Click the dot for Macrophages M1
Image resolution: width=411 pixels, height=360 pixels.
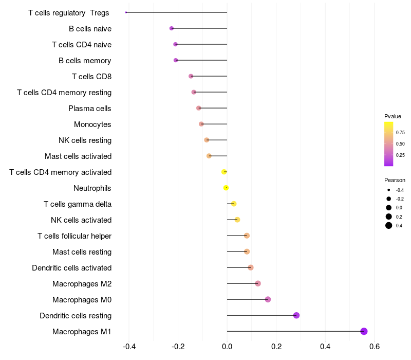[x=364, y=331]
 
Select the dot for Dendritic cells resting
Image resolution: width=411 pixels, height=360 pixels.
[x=296, y=315]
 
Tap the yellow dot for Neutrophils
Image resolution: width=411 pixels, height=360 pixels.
[x=226, y=188]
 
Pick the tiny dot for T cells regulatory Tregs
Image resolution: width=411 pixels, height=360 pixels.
[x=126, y=12]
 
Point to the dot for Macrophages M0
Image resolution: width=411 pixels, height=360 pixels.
[x=268, y=299]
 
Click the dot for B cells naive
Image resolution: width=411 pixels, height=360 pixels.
[x=172, y=28]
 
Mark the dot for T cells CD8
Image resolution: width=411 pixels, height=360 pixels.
[x=191, y=76]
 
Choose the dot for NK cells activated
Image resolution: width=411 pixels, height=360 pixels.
[x=237, y=220]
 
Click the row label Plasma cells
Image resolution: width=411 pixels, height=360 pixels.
[x=90, y=109]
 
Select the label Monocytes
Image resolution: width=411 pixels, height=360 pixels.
[x=92, y=124]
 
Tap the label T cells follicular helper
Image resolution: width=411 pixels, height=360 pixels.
[x=74, y=236]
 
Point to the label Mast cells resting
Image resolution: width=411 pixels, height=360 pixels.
[x=82, y=252]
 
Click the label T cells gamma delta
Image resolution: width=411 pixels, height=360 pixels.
[x=78, y=204]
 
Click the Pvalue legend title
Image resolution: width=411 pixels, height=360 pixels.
[x=393, y=116]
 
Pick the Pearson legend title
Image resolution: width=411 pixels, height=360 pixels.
[x=395, y=180]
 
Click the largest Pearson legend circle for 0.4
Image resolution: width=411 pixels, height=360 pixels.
[x=389, y=225]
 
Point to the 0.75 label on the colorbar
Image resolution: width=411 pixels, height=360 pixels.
[x=400, y=132]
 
